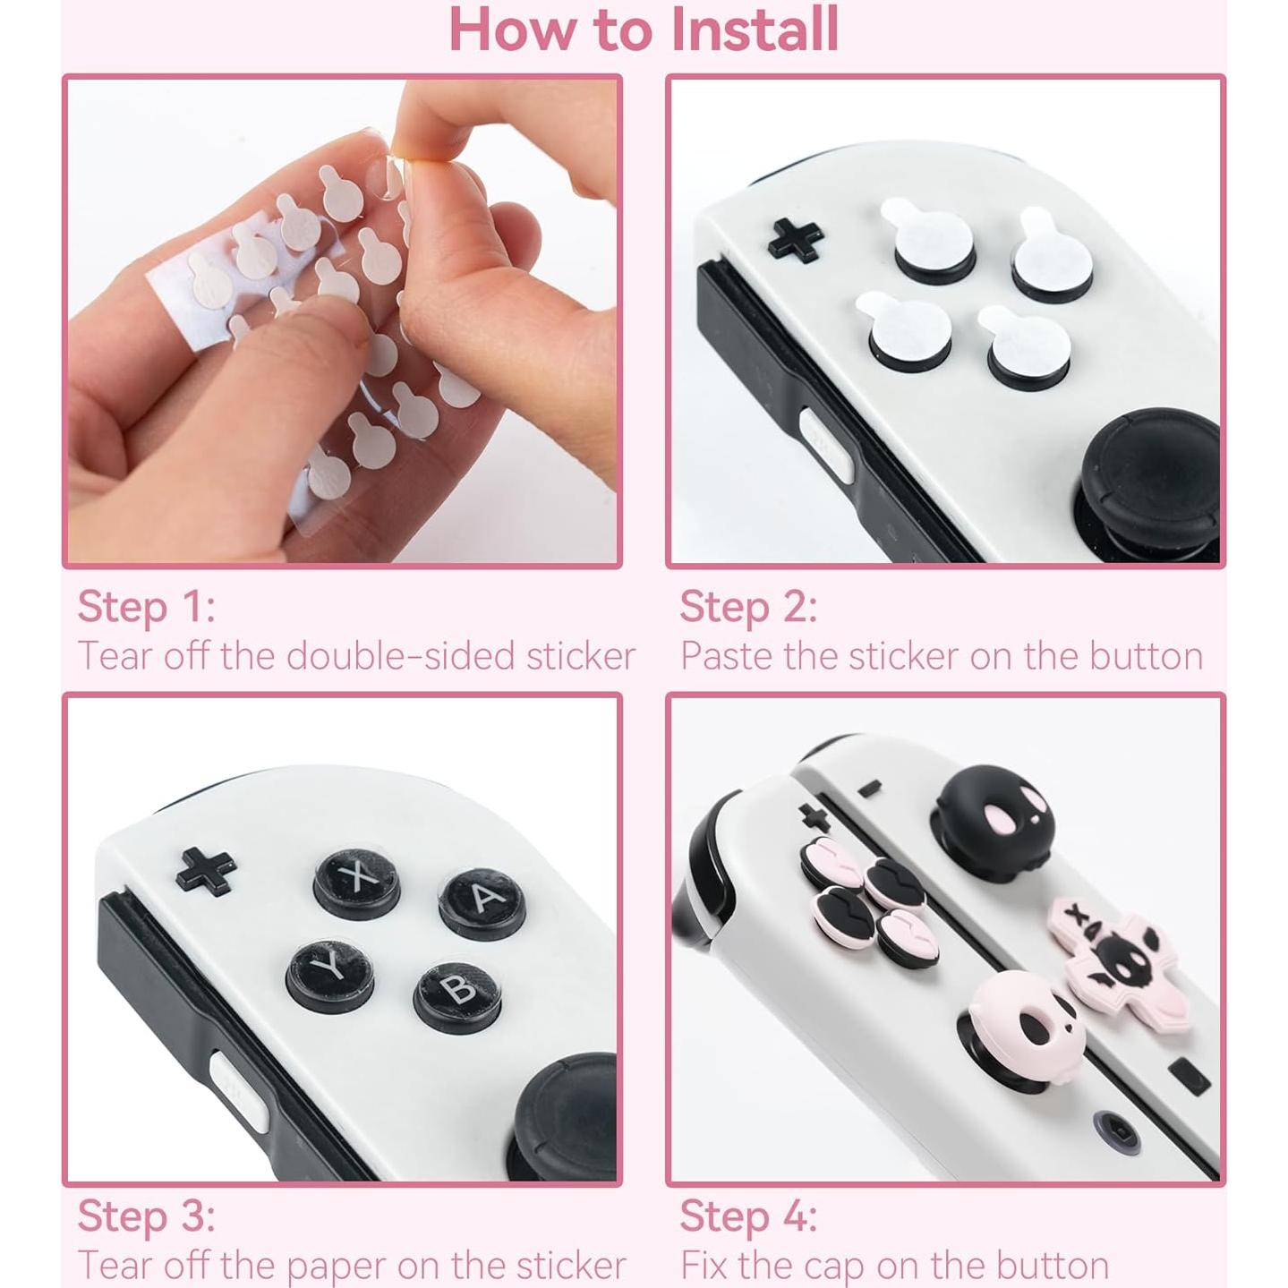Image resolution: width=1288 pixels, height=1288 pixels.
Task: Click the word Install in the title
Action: tap(754, 30)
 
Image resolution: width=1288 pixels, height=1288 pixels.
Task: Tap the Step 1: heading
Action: tap(146, 607)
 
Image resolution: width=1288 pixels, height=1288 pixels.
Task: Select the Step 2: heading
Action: tap(748, 607)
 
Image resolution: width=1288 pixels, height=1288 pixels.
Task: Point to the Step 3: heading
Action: tap(146, 1216)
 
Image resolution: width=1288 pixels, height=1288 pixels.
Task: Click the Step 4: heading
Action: tap(748, 1216)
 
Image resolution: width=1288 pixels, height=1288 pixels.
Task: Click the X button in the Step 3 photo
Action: tap(357, 880)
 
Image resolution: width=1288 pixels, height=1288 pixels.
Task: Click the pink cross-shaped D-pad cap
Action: tap(1119, 958)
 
